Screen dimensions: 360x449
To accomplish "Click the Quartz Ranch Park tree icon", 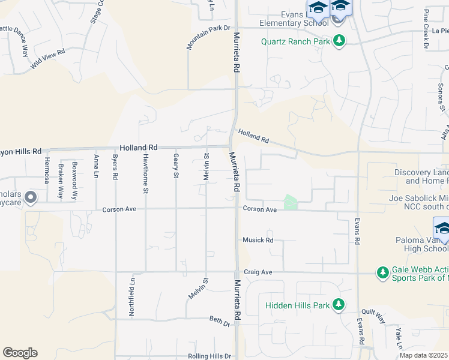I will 340,41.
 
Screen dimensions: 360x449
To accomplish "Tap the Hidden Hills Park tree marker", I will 339,305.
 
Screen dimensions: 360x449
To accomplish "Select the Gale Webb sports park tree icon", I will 382,273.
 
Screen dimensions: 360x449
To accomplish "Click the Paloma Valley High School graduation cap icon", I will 442,229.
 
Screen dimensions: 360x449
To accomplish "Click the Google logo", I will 20,353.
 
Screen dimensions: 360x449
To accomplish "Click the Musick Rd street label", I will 258,241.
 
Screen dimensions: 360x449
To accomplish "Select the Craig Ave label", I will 258,272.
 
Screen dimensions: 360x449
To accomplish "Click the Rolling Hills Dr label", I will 209,356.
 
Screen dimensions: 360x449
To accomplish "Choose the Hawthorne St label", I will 145,173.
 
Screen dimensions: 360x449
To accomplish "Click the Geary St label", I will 176,166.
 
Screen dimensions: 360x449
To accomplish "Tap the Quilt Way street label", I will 373,316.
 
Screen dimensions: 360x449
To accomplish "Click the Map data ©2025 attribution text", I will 424,355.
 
